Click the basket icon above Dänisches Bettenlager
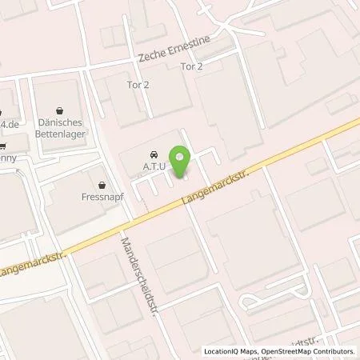[61, 111]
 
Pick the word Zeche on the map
[152, 58]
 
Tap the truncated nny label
[6, 158]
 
